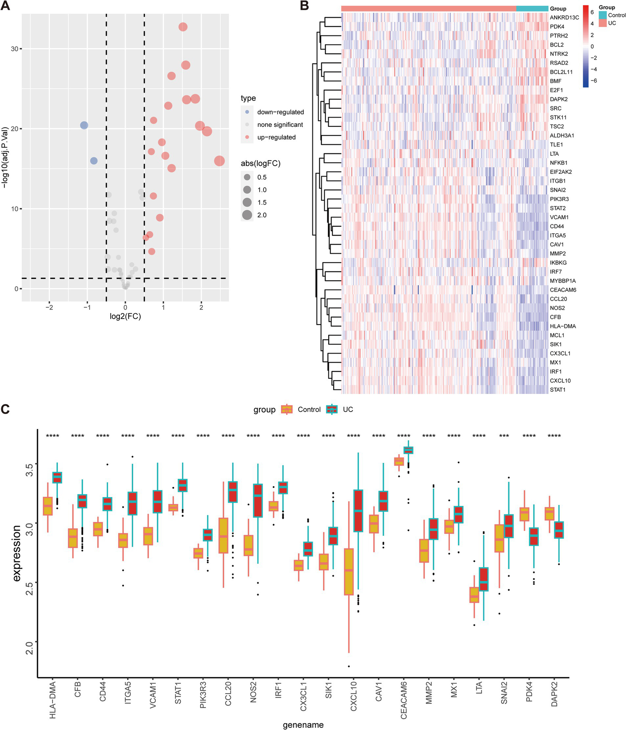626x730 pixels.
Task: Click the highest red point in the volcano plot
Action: click(x=183, y=27)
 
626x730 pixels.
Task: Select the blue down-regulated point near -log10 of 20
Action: click(x=84, y=125)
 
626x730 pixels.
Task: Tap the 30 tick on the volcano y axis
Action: click(x=15, y=49)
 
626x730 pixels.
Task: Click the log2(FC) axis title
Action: click(x=125, y=316)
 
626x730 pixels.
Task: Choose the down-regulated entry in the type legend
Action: click(x=280, y=112)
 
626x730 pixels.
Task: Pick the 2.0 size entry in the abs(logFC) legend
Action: click(x=261, y=215)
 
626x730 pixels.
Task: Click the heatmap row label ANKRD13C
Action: click(x=564, y=18)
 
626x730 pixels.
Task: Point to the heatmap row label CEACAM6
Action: click(x=563, y=290)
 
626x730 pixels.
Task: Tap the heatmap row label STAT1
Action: click(x=557, y=390)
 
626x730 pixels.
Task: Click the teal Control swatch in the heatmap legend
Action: click(x=603, y=15)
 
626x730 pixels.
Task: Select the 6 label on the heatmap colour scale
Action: click(x=592, y=12)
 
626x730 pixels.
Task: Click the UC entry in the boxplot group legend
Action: click(x=347, y=409)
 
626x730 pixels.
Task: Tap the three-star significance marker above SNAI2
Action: click(x=504, y=436)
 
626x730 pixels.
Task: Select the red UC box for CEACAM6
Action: click(x=408, y=450)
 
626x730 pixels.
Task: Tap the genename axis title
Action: click(x=303, y=725)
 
